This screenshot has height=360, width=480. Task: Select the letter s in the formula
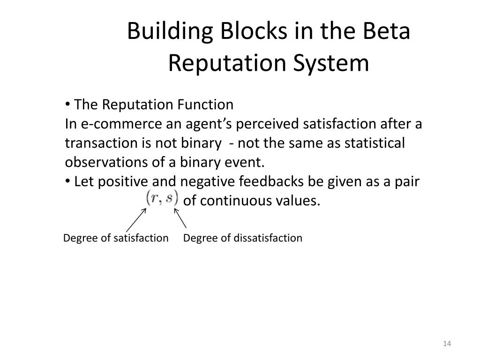pyautogui.click(x=170, y=197)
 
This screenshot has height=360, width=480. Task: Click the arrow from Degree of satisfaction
pyautogui.click(x=136, y=220)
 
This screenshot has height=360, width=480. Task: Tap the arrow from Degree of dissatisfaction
pyautogui.click(x=181, y=219)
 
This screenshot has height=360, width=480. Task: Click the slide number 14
pyautogui.click(x=446, y=345)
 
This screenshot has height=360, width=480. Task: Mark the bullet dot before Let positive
pyautogui.click(x=68, y=181)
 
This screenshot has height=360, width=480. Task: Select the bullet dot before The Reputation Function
pyautogui.click(x=68, y=104)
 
